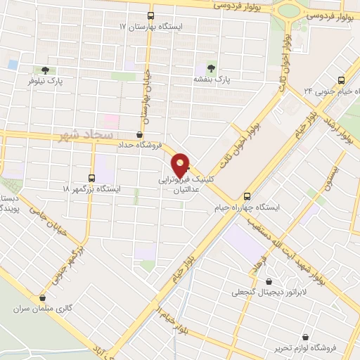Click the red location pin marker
pyautogui.click(x=181, y=165)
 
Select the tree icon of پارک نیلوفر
pyautogui.click(x=45, y=70)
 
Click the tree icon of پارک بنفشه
pyautogui.click(x=210, y=67)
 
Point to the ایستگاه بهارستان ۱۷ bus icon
pyautogui.click(x=150, y=15)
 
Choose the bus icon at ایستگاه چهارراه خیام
pyautogui.click(x=246, y=196)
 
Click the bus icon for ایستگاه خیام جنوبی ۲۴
pyautogui.click(x=341, y=80)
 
